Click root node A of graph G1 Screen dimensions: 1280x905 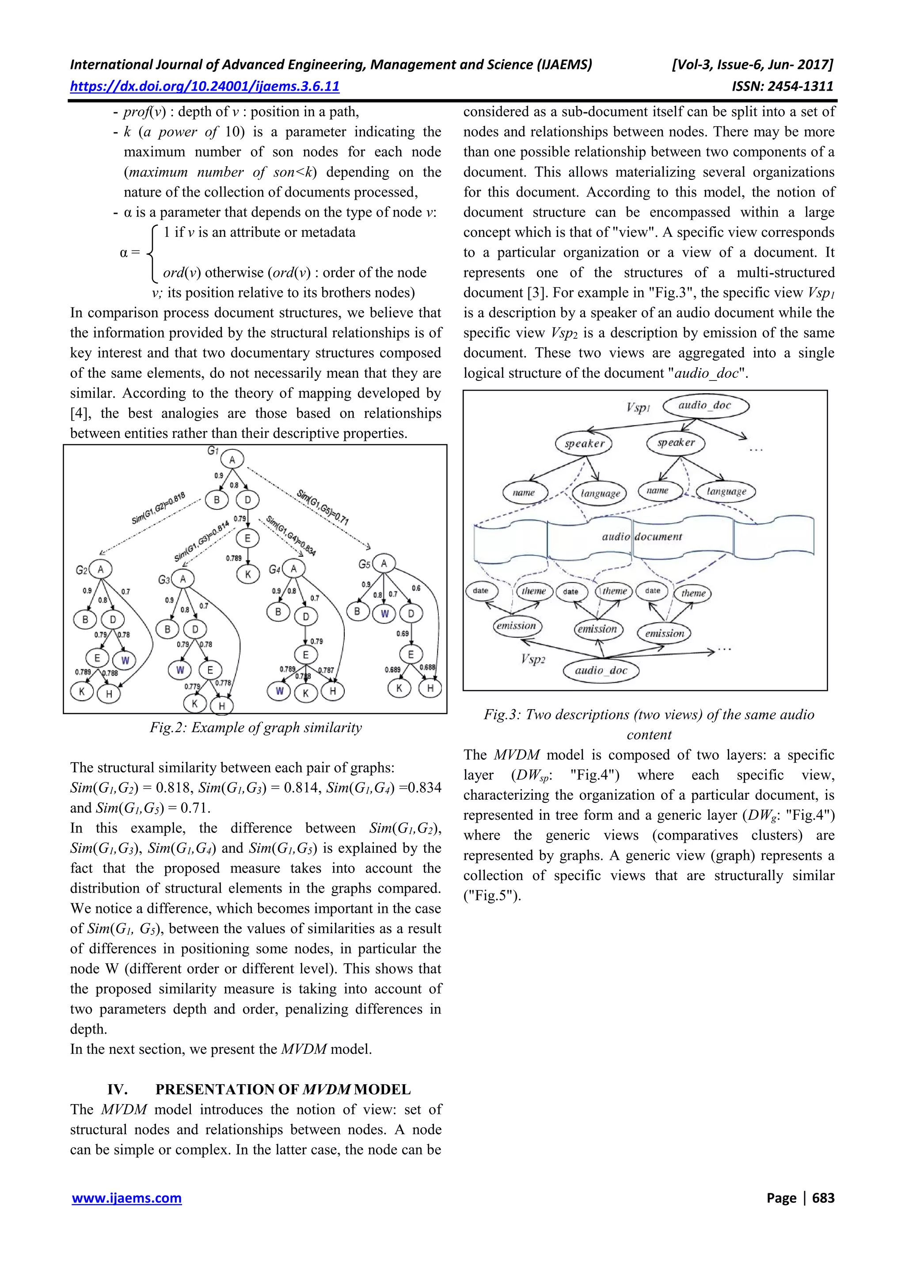point(232,460)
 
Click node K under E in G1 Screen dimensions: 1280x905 point(248,574)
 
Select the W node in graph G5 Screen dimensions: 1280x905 point(384,614)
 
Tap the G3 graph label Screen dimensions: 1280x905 point(164,580)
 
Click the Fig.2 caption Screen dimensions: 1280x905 point(255,728)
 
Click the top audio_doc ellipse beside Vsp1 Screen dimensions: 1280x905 point(705,405)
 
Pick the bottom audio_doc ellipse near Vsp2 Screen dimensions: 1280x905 point(601,670)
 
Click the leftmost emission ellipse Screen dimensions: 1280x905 point(516,626)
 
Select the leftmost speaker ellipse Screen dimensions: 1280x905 point(584,444)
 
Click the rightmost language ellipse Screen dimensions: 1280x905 point(726,491)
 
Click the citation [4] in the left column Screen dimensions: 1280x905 point(78,413)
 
